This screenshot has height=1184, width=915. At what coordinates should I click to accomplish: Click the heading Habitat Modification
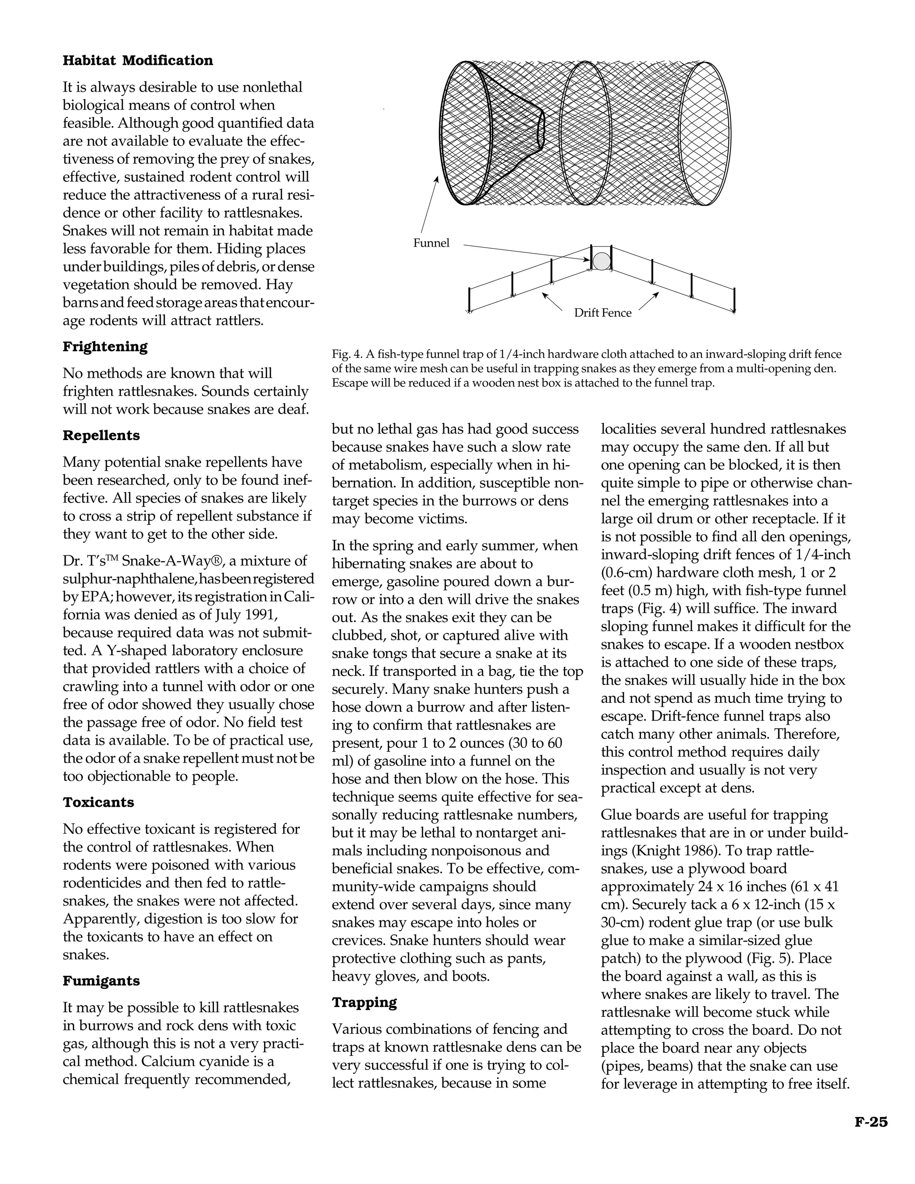click(x=138, y=60)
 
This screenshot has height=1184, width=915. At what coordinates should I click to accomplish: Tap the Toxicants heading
click(x=98, y=802)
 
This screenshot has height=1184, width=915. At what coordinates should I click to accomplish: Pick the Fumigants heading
click(x=101, y=981)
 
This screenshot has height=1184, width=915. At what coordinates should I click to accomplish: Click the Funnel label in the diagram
click(x=431, y=243)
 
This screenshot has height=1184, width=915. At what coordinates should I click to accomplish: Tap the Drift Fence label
click(x=602, y=313)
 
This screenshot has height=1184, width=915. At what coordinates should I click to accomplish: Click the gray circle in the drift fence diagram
click(x=600, y=261)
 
